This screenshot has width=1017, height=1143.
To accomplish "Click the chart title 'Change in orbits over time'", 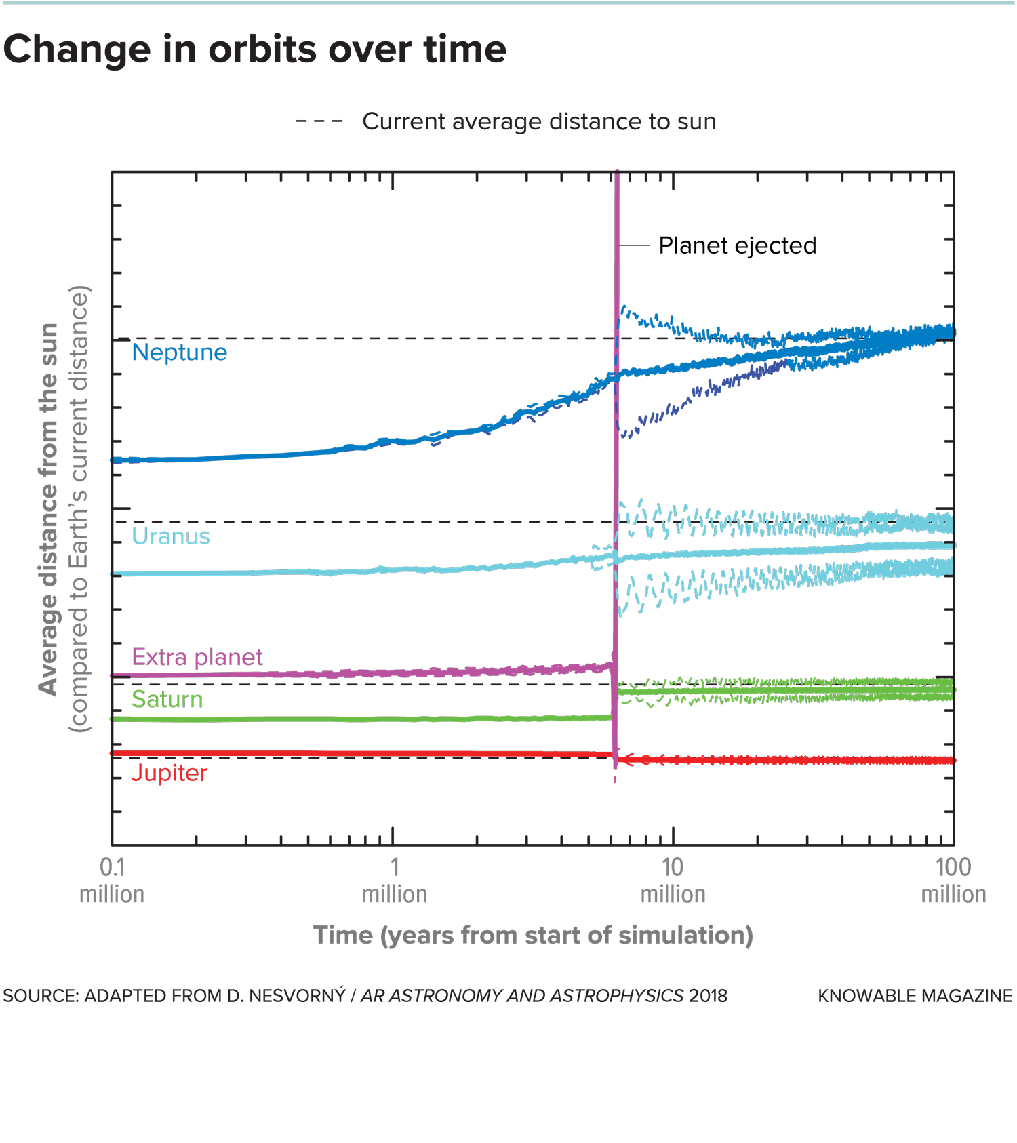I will [x=255, y=50].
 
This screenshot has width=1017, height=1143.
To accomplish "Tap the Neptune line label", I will [x=179, y=353].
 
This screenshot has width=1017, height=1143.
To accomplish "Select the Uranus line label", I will [x=171, y=536].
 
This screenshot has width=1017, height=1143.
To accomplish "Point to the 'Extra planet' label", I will [x=197, y=657].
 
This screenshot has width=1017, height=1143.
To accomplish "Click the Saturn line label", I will [x=167, y=699].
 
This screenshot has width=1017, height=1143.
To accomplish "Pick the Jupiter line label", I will [x=169, y=773].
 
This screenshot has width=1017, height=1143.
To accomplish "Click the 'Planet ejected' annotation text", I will [x=737, y=245].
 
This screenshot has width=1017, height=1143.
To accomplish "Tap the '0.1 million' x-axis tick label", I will [x=112, y=881].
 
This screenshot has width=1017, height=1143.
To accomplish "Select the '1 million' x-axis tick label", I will [x=395, y=881].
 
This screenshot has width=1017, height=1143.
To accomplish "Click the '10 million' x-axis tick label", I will [x=673, y=881].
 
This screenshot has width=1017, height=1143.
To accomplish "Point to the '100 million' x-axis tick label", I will [x=953, y=881].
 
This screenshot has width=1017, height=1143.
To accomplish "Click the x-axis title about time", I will [x=533, y=936].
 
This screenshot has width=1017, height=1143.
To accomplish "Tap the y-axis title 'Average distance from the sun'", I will [x=49, y=508].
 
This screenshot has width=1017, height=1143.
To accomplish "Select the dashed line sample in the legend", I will [x=319, y=122].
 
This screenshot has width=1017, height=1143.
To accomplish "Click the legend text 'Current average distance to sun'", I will [x=539, y=122].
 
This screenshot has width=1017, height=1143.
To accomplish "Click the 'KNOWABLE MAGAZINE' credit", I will [x=915, y=996].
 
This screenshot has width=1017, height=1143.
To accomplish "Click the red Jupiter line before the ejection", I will [x=339, y=753].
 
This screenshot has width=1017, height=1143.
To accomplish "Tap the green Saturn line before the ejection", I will [x=339, y=719].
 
